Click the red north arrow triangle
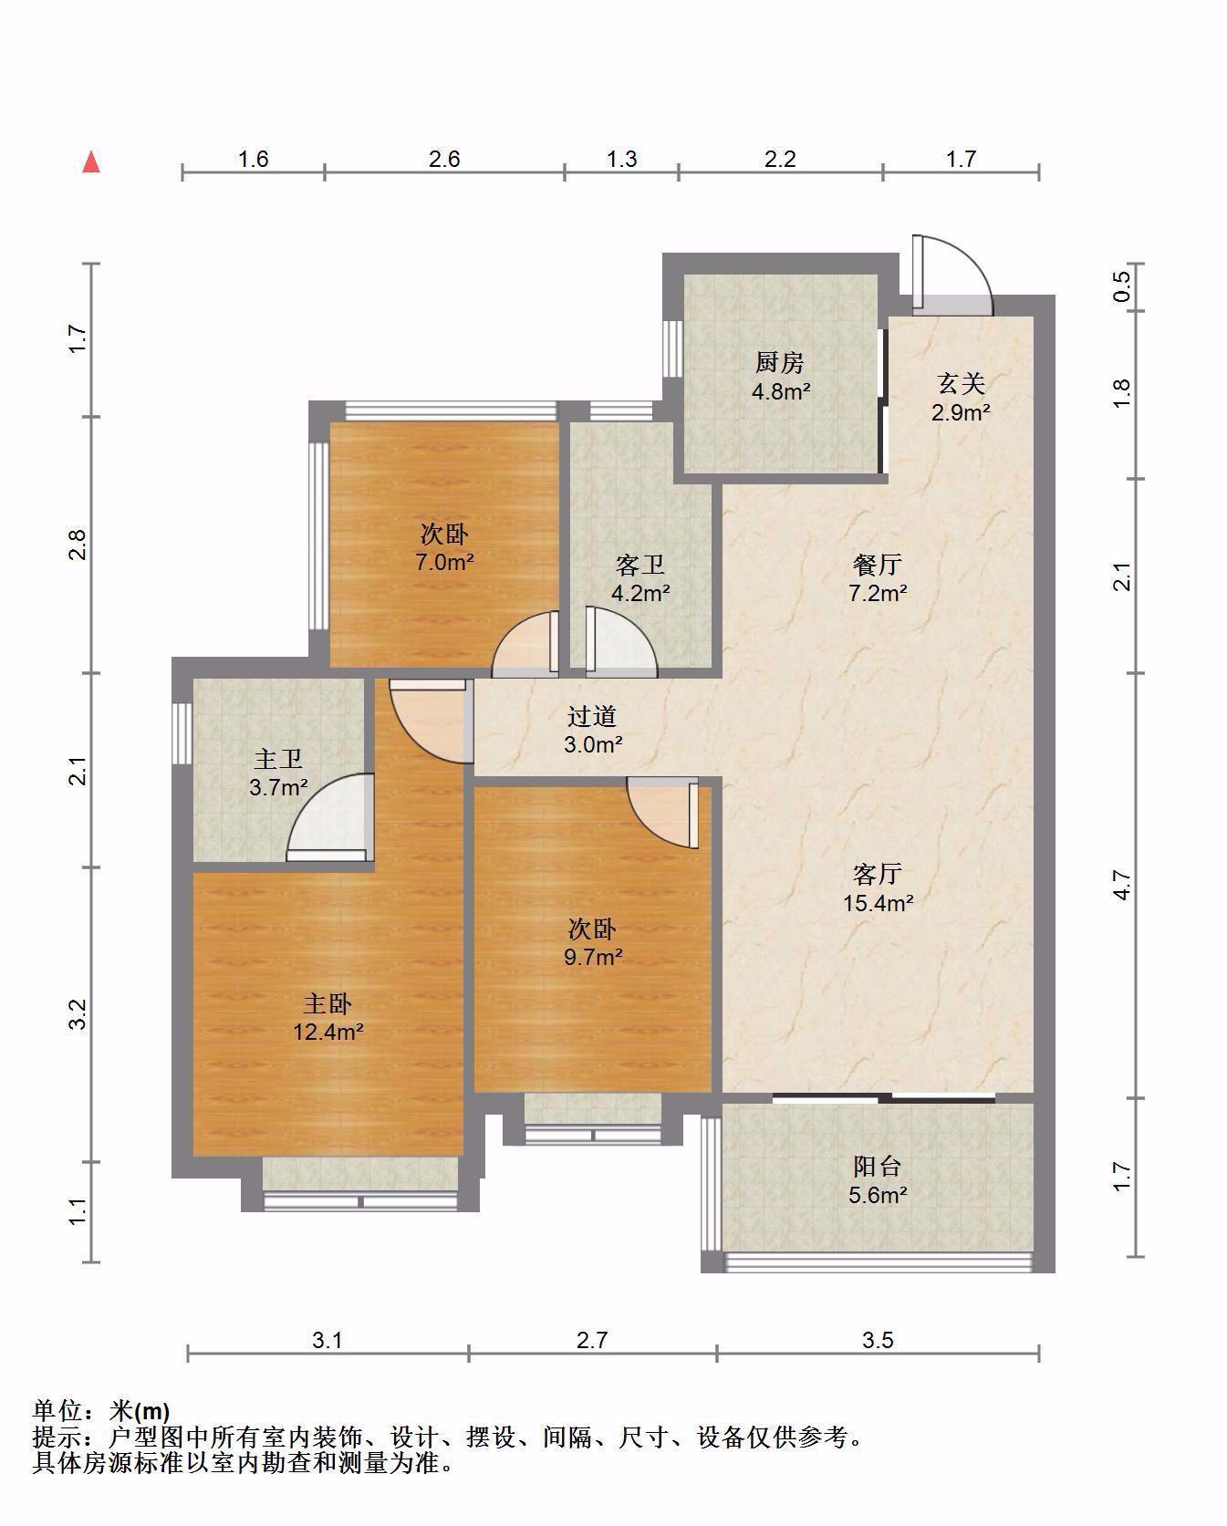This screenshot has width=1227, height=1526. (x=91, y=162)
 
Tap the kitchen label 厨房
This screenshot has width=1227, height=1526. (x=779, y=363)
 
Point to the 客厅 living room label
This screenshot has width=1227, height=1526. (x=878, y=875)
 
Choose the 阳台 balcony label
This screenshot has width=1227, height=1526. (x=878, y=1166)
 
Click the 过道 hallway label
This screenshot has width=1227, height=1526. (x=592, y=716)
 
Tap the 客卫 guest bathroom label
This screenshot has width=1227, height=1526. (x=639, y=566)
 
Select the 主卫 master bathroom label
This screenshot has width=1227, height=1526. (x=278, y=759)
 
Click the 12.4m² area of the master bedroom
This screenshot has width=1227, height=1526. (x=328, y=1033)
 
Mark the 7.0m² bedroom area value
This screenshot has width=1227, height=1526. (x=444, y=562)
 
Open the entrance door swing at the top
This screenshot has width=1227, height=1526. (x=952, y=274)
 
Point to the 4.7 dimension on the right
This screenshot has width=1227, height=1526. (x=1122, y=887)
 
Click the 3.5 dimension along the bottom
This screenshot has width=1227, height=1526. (x=878, y=1340)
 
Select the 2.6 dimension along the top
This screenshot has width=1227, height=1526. (x=444, y=160)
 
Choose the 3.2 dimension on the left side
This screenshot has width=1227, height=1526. (x=78, y=1014)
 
